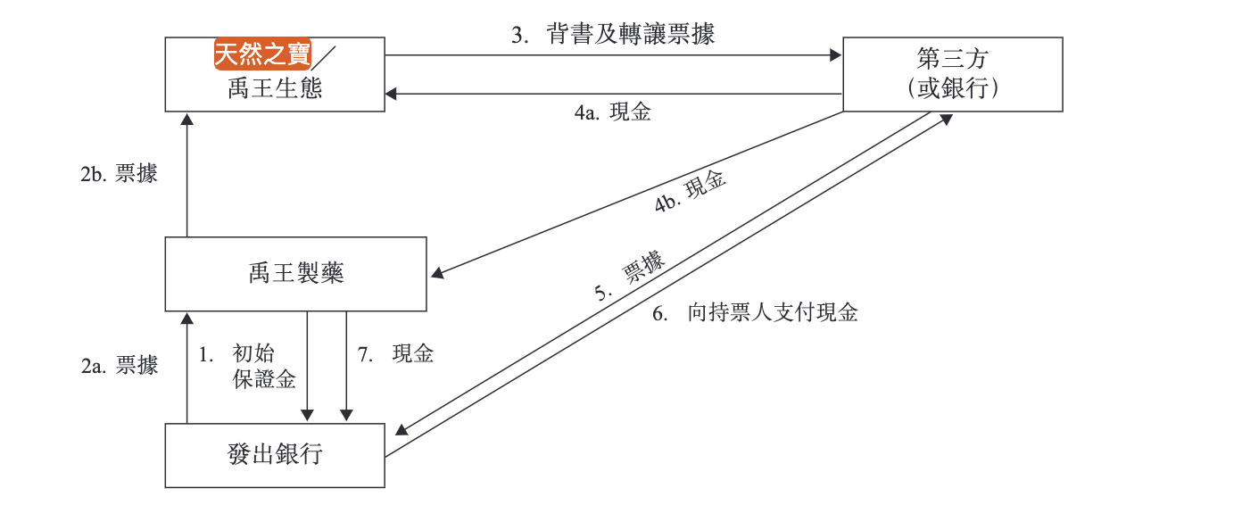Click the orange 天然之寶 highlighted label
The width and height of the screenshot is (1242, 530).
pos(262,54)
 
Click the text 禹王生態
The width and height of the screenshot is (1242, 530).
pos(275,88)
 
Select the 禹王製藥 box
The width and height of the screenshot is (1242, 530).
pos(296,274)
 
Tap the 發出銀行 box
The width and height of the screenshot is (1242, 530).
pos(275,455)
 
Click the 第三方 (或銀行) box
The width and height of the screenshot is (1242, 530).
pos(952,74)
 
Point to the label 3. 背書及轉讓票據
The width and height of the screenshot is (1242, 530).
pos(613,35)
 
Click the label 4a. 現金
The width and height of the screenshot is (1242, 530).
pos(612,113)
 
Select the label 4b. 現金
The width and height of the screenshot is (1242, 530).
pos(691,192)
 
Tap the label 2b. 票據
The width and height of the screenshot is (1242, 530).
pos(119,174)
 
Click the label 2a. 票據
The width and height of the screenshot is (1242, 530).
pos(120,365)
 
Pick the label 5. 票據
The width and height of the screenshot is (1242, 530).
pos(630,279)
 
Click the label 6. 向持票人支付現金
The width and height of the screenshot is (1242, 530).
pos(754,313)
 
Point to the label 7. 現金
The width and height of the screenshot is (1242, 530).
pos(396,354)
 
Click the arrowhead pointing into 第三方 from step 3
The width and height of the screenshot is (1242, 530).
pos(836,55)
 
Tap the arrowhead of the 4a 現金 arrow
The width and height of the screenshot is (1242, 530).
pos(392,94)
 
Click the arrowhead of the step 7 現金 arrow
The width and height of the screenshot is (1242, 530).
pos(346,415)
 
